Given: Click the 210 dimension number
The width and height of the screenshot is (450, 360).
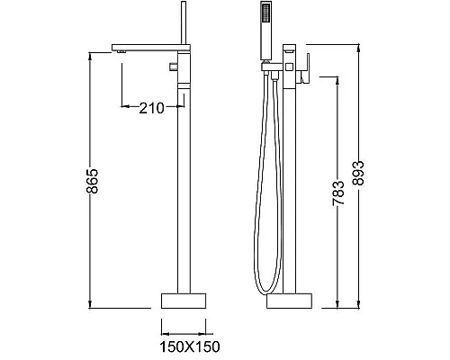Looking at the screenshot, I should pyautogui.click(x=151, y=108).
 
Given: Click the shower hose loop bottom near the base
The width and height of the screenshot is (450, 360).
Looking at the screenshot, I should pyautogui.click(x=260, y=290).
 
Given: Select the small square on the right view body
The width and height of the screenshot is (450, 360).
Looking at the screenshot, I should pyautogui.click(x=290, y=66).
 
